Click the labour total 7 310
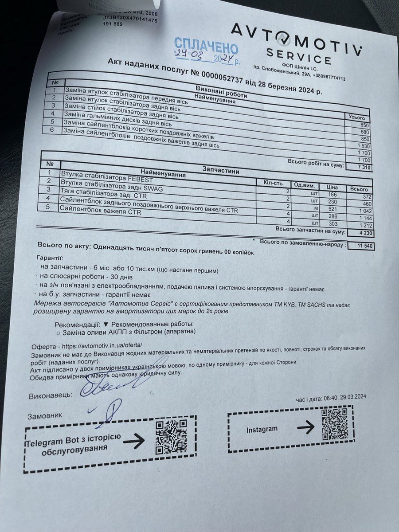click(365, 167)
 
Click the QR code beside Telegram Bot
click(171, 437)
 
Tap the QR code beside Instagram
click(334, 423)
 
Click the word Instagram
click(262, 429)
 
